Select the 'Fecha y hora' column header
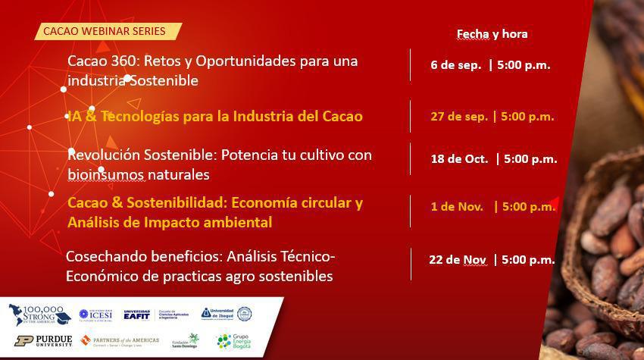click(x=492, y=33)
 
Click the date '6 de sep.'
click(x=455, y=65)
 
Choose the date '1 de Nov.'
click(x=456, y=206)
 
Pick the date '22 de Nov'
click(x=457, y=259)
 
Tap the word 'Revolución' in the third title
click(x=105, y=155)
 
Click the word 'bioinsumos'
click(x=105, y=174)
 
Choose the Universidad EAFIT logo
click(x=137, y=314)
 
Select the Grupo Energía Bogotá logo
click(x=233, y=340)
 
